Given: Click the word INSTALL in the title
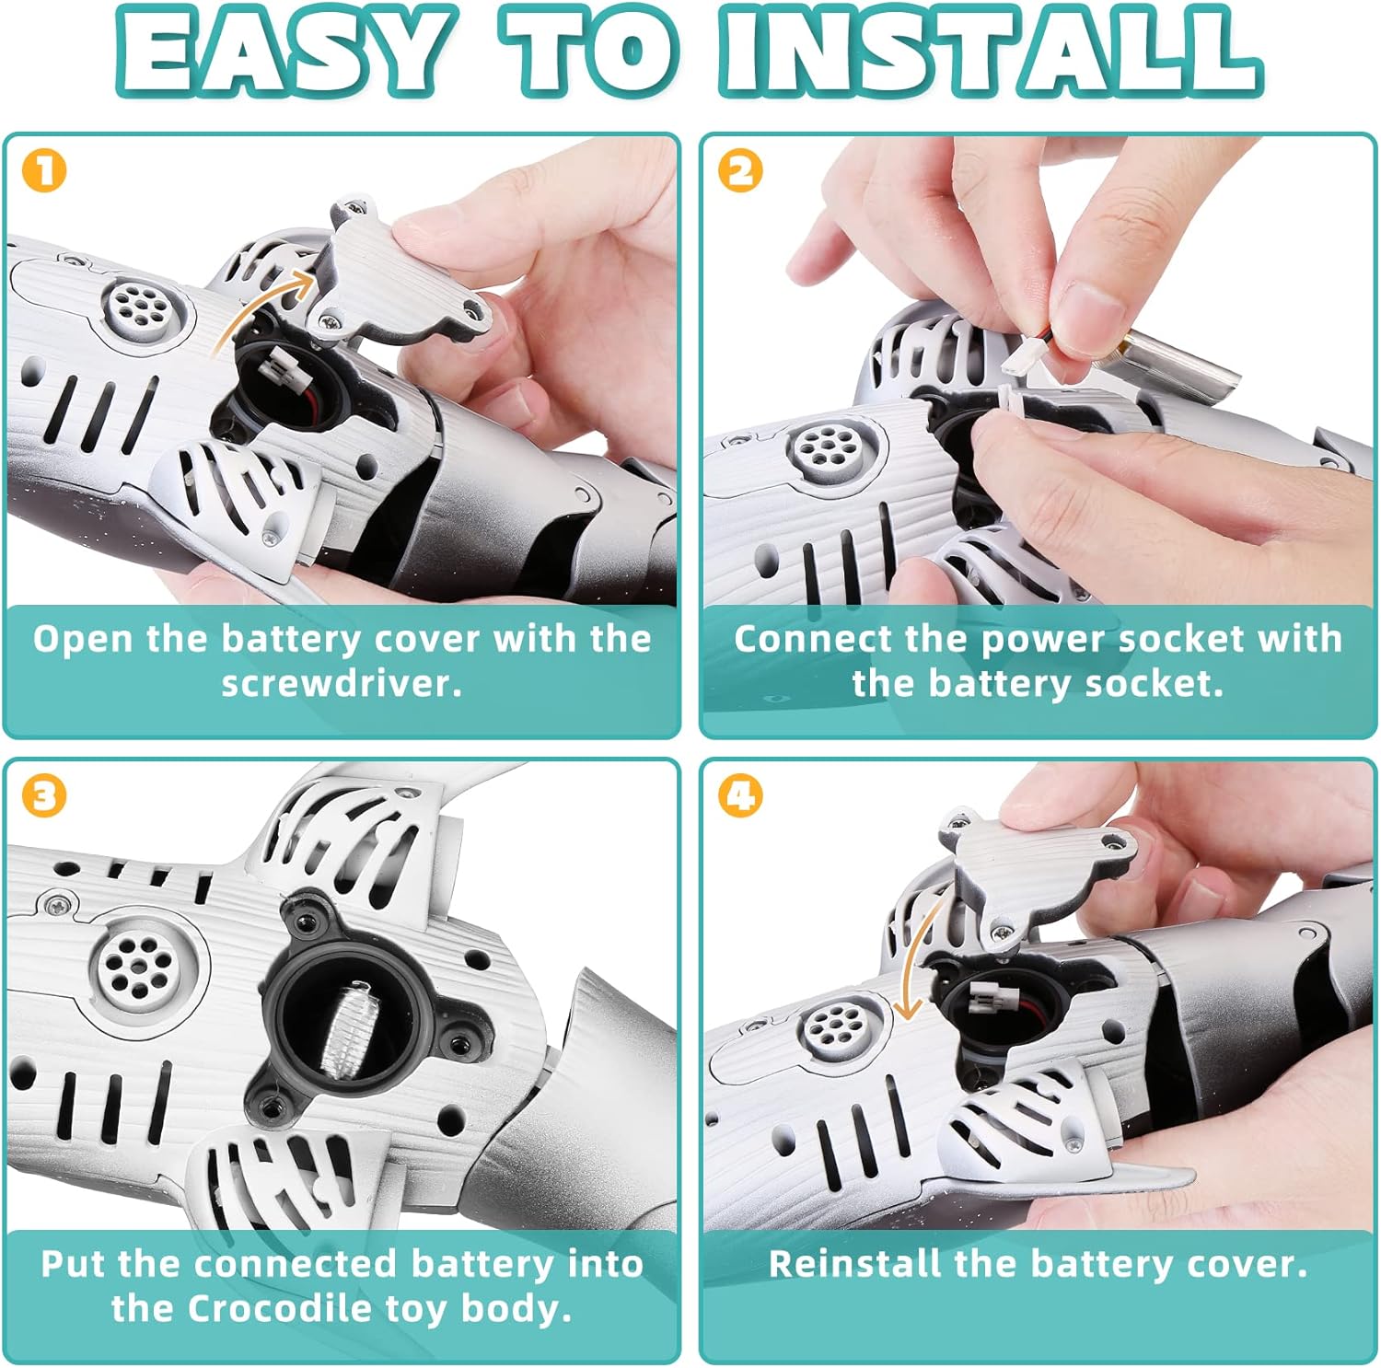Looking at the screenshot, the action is [x=992, y=51].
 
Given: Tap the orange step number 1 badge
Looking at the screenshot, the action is [x=44, y=171].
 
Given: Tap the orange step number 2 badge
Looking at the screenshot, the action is [x=740, y=171].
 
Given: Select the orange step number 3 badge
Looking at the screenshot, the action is [x=44, y=795].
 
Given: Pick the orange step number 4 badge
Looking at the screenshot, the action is [x=740, y=795].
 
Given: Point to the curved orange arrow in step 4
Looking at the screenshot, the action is [x=921, y=957].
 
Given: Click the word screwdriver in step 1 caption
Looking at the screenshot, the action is [x=341, y=684].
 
